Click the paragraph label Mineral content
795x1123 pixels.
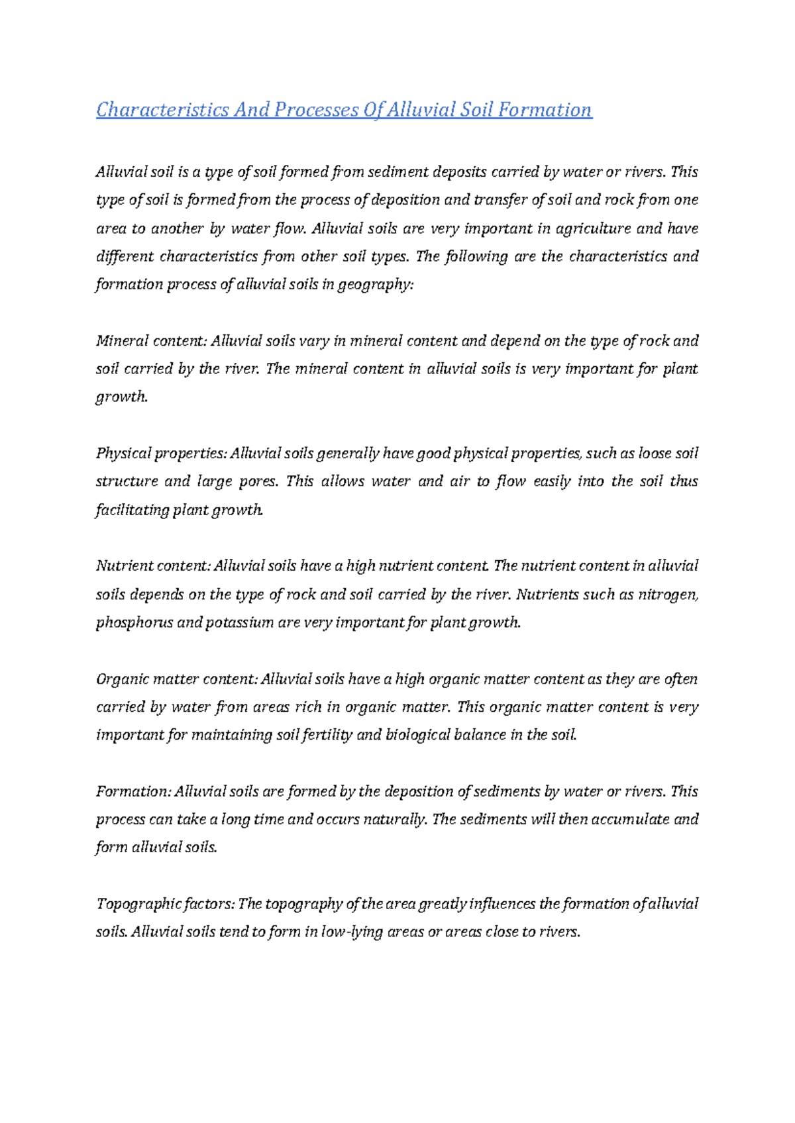(x=152, y=341)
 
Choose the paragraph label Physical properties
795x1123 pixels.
(x=161, y=454)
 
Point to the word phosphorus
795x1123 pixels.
(x=134, y=623)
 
